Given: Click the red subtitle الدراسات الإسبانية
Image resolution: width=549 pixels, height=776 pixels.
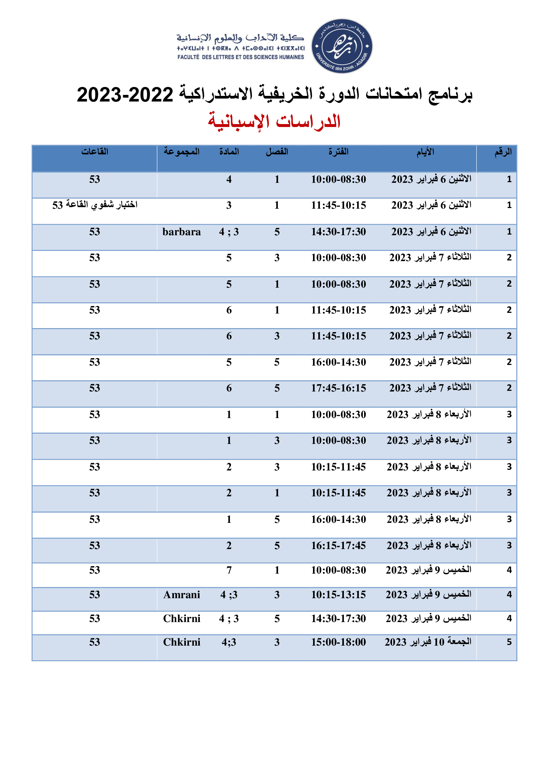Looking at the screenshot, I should click(274, 121).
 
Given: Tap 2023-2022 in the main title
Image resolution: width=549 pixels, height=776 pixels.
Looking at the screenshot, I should click(125, 95).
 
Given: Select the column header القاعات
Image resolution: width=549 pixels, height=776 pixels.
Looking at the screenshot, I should click(95, 152).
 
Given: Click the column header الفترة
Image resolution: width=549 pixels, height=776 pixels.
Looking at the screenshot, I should click(338, 152).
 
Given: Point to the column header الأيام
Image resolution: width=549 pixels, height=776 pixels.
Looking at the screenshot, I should click(425, 152).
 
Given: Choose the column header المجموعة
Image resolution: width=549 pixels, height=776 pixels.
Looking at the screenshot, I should click(182, 152).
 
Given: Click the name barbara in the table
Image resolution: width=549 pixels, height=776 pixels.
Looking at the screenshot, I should click(182, 232).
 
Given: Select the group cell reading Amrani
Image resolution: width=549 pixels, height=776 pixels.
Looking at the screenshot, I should click(182, 595).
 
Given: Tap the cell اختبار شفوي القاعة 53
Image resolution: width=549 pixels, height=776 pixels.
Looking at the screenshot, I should click(95, 205).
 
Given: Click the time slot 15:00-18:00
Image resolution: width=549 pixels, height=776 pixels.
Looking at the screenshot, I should click(338, 642).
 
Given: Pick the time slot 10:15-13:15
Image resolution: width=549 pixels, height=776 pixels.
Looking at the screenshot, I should click(338, 595).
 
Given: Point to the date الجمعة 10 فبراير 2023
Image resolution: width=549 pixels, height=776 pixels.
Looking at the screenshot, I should click(428, 642).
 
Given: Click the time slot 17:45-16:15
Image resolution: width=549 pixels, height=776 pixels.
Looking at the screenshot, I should click(338, 388).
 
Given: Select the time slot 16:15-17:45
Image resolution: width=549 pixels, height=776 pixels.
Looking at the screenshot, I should click(338, 545).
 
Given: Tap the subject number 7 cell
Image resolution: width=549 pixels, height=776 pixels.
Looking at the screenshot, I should click(229, 571).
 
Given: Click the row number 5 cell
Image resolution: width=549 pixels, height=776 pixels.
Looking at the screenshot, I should click(509, 642).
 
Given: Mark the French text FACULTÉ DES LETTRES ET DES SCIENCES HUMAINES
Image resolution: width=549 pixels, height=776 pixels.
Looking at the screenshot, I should click(240, 57).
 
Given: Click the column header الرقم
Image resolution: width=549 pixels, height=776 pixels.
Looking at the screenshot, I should click(503, 152).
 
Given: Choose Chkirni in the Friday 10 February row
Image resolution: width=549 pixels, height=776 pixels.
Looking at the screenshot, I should click(182, 642).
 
